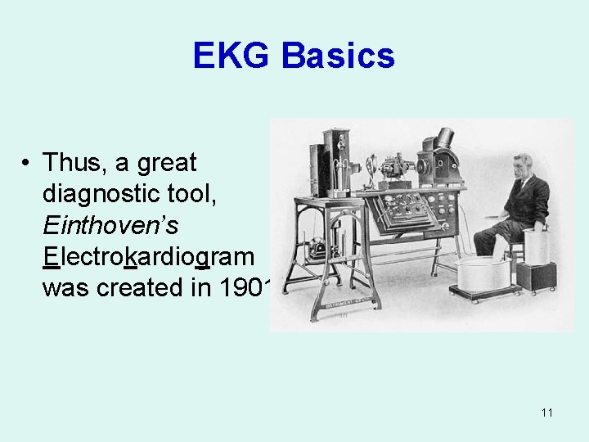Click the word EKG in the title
click(232, 56)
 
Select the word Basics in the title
click(337, 56)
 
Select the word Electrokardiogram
click(148, 256)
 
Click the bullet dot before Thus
click(27, 164)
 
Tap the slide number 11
click(546, 413)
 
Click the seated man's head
click(521, 166)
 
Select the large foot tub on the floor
click(483, 274)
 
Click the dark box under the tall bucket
click(537, 277)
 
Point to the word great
click(168, 163)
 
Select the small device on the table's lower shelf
click(316, 249)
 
